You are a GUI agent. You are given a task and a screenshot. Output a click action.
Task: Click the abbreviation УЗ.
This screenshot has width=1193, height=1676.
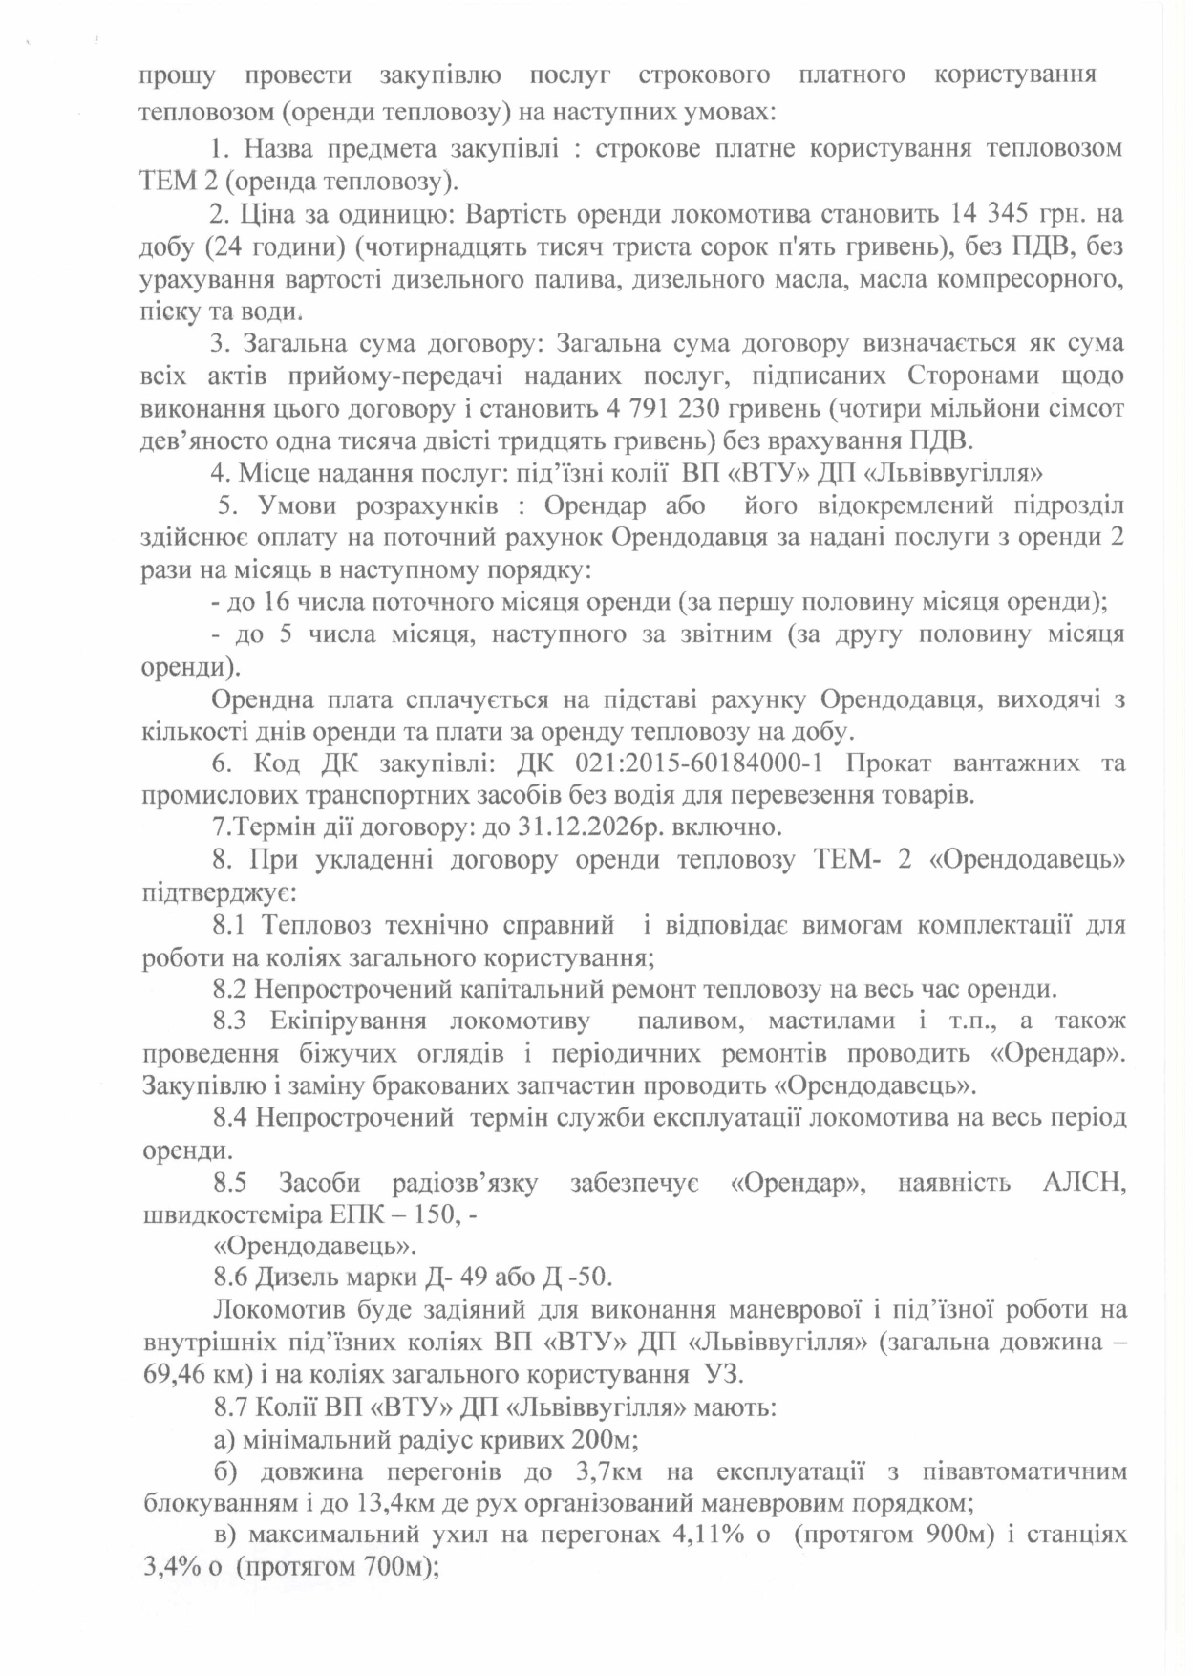(x=723, y=1376)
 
